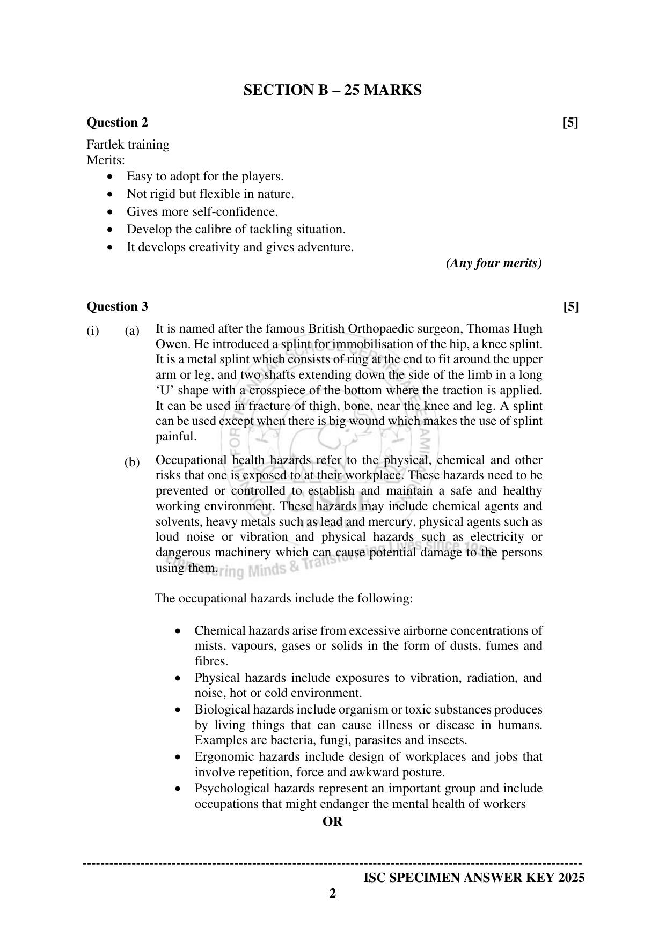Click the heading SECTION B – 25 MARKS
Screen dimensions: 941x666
tap(332, 90)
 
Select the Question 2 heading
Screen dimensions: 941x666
tap(117, 123)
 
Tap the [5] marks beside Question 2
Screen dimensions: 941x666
tap(570, 123)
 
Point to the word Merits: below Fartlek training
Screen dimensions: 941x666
tap(106, 160)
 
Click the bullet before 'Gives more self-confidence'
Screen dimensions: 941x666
tap(111, 212)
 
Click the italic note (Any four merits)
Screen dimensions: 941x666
tap(494, 263)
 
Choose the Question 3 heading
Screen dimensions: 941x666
tap(117, 307)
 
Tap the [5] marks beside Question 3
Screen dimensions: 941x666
tap(571, 307)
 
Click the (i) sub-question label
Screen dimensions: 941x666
tap(93, 331)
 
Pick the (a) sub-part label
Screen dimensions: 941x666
tap(132, 331)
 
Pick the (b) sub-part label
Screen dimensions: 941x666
tap(132, 462)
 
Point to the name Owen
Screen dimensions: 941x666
tap(169, 344)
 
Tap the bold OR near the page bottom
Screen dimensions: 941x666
tap(332, 822)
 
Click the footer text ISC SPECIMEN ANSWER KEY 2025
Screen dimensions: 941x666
tap(474, 878)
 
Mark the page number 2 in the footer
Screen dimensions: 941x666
tap(332, 894)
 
